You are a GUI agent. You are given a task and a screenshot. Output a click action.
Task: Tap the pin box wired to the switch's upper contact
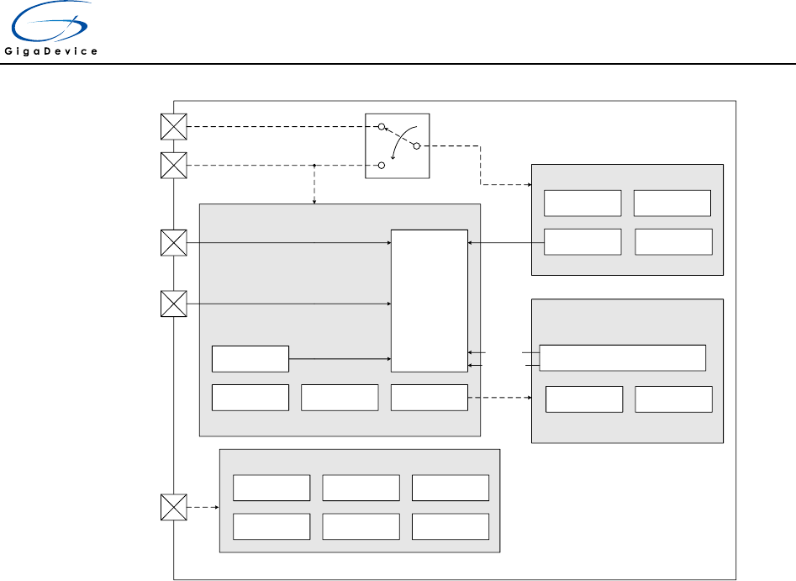(173, 126)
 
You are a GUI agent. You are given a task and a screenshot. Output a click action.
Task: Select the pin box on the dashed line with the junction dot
(173, 165)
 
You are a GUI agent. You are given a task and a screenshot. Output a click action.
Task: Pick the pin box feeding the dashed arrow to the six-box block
(173, 507)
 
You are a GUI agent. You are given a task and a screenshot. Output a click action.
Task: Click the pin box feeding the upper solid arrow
(173, 243)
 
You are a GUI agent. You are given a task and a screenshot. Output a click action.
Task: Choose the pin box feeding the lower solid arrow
(173, 303)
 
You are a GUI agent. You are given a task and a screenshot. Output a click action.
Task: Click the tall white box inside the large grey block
(429, 300)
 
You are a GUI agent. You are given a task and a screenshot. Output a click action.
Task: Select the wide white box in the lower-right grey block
(622, 357)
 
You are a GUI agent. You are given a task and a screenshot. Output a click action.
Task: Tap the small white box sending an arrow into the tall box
(250, 358)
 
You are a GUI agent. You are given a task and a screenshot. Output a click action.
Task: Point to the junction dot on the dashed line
(314, 166)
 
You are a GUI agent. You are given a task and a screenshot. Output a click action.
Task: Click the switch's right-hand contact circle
(417, 146)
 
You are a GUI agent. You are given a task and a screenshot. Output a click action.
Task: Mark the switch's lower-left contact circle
(381, 166)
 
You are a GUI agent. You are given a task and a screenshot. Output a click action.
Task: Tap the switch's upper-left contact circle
(381, 127)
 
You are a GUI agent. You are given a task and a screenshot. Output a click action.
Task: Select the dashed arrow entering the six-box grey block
(203, 507)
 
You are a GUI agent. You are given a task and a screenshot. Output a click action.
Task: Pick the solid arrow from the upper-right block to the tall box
(505, 242)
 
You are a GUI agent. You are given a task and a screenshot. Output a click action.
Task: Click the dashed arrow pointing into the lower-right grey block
(499, 398)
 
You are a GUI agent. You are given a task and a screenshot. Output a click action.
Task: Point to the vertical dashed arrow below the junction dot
(314, 185)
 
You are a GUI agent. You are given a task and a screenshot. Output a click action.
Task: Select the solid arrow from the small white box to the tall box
(340, 358)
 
